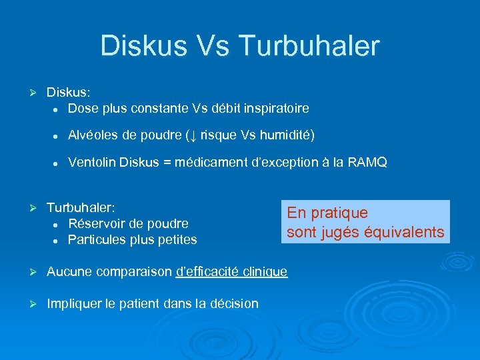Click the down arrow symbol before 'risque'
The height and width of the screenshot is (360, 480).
click(x=192, y=136)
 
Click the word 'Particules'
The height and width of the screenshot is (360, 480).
click(x=97, y=239)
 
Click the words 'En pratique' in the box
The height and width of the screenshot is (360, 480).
click(x=327, y=213)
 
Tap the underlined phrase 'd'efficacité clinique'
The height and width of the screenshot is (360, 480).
click(x=231, y=271)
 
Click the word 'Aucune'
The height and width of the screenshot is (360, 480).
click(x=69, y=271)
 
